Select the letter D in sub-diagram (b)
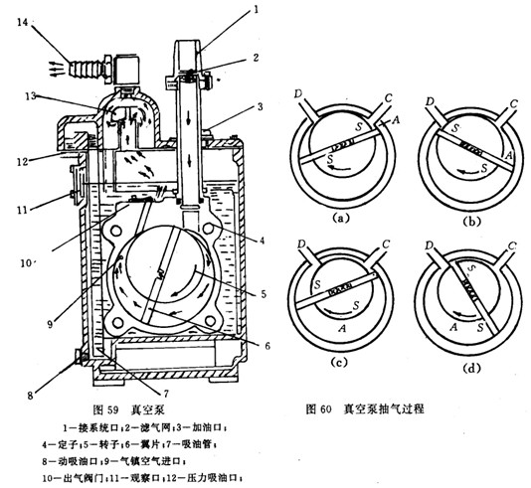pos(429,101)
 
